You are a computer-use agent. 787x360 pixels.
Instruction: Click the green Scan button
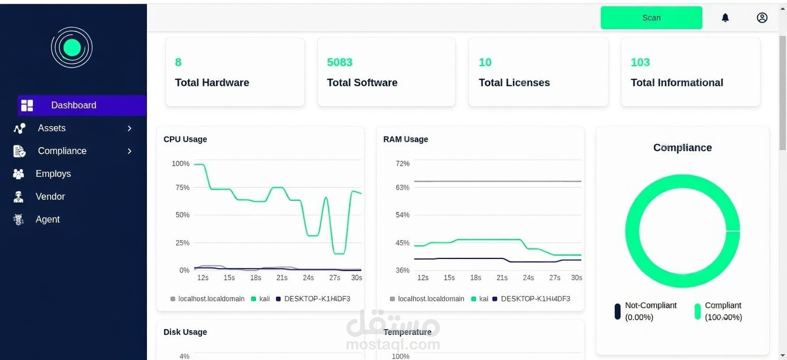pos(651,18)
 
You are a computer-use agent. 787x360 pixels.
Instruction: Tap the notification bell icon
pos(725,18)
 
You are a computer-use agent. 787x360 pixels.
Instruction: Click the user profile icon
pos(762,18)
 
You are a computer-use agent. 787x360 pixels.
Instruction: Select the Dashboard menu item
pos(73,105)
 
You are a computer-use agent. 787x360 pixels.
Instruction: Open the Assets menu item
pos(52,128)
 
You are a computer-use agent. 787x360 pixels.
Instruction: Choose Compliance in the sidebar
pos(62,151)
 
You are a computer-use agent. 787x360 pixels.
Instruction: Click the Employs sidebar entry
pos(53,174)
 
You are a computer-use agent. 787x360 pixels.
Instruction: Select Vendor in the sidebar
pos(50,197)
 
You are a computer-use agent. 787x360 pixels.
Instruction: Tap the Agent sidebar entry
pos(48,220)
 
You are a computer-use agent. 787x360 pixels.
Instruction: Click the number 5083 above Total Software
pos(340,62)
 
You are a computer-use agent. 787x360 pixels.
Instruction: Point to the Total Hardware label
pos(212,83)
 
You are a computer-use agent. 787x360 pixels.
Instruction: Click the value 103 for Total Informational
pos(640,62)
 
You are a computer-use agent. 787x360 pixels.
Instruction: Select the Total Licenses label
pos(514,83)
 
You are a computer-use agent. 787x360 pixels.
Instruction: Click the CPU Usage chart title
pos(185,139)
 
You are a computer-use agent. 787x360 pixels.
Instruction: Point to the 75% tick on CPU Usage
pos(181,187)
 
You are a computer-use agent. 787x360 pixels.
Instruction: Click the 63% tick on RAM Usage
pos(402,187)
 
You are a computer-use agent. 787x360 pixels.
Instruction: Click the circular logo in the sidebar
pos(72,48)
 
